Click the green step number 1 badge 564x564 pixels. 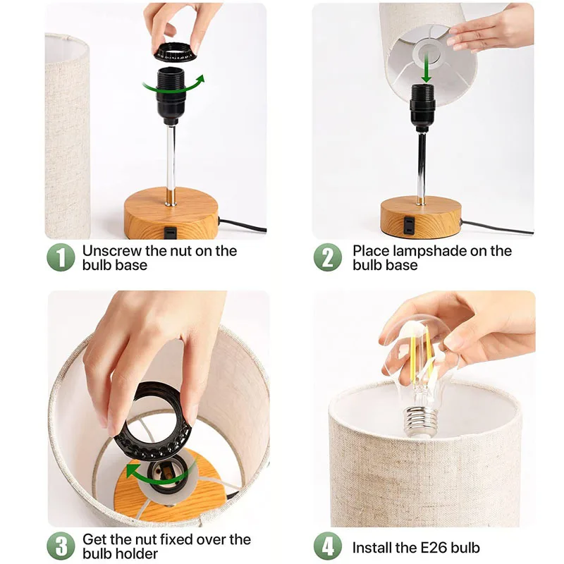(x=61, y=257)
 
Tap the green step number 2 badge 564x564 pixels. (x=327, y=257)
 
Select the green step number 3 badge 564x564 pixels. (x=61, y=546)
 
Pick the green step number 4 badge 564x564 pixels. (x=327, y=546)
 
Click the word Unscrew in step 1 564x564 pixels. (x=112, y=251)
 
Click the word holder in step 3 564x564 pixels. (x=137, y=553)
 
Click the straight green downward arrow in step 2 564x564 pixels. (x=427, y=67)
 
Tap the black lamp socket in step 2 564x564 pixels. (x=422, y=107)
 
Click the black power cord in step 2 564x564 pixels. (x=497, y=227)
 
